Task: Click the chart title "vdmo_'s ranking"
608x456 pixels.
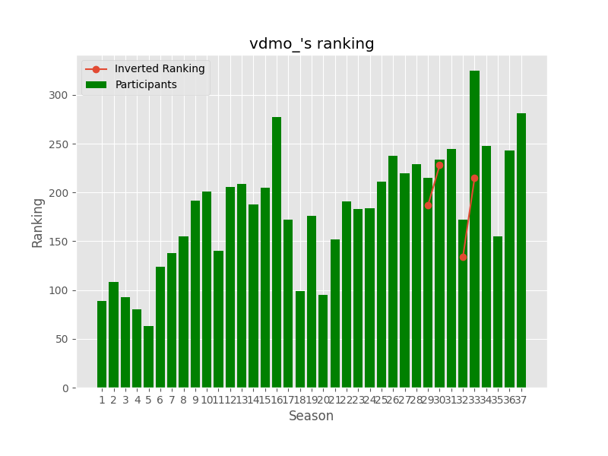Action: pos(312,44)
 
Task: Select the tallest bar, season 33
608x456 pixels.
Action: pos(474,228)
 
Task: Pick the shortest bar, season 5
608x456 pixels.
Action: pos(148,357)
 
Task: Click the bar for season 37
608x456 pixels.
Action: pos(521,251)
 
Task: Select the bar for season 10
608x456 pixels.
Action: pos(207,290)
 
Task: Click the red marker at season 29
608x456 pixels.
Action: pos(428,205)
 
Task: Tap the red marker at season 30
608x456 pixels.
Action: pos(439,165)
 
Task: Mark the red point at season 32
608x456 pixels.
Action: pos(463,257)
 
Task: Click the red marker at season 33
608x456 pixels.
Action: pos(474,178)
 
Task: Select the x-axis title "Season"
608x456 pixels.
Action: pos(311,416)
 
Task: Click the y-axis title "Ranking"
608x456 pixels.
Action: pos(38,222)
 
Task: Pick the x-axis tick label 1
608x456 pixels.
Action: pos(102,400)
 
